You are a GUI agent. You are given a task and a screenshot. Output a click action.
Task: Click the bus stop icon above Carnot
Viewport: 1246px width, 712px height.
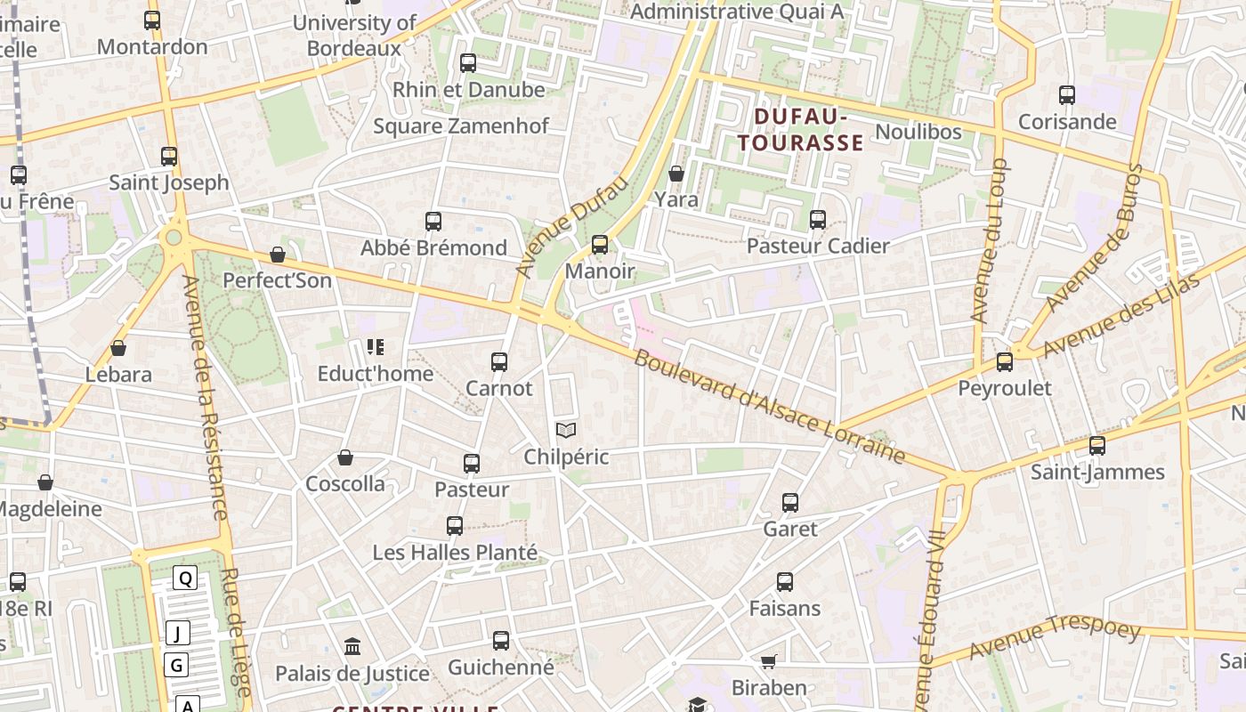click(x=499, y=362)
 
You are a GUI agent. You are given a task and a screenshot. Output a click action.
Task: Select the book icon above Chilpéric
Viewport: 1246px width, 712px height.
click(x=566, y=431)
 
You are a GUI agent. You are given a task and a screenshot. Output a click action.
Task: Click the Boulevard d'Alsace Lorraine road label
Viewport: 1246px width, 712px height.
click(x=769, y=408)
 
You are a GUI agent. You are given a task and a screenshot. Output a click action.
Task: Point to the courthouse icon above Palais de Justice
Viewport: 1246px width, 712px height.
click(x=352, y=646)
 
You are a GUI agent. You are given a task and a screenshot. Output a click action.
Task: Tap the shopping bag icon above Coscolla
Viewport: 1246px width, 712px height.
click(x=345, y=458)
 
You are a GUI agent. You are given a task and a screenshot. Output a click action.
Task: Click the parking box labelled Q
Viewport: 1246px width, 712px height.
click(x=185, y=578)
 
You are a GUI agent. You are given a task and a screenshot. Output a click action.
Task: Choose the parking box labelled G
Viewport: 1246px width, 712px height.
click(x=176, y=665)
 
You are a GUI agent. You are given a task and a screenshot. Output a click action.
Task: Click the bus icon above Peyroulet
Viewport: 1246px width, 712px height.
click(x=1005, y=362)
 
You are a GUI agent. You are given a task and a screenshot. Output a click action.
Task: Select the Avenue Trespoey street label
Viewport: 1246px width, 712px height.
click(x=1055, y=637)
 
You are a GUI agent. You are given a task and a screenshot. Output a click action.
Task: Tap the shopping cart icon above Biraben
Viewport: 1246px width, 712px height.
click(x=769, y=662)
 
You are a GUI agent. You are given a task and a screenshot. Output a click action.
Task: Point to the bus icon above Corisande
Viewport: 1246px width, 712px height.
click(x=1067, y=95)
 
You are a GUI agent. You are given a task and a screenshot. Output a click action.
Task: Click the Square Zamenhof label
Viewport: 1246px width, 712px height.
click(x=461, y=125)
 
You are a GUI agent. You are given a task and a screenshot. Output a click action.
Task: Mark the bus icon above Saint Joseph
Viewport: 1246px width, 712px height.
click(x=169, y=157)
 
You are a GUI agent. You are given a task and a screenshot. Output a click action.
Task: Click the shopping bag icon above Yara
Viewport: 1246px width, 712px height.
click(x=676, y=174)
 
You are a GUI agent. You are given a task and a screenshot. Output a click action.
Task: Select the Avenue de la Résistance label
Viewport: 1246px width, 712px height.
click(x=205, y=397)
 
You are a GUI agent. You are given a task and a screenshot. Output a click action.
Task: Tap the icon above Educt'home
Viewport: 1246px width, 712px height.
click(x=376, y=347)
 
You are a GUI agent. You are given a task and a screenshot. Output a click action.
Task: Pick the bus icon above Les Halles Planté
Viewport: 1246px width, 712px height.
click(x=455, y=526)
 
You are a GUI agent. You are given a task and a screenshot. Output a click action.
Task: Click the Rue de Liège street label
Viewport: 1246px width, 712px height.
click(x=236, y=633)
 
